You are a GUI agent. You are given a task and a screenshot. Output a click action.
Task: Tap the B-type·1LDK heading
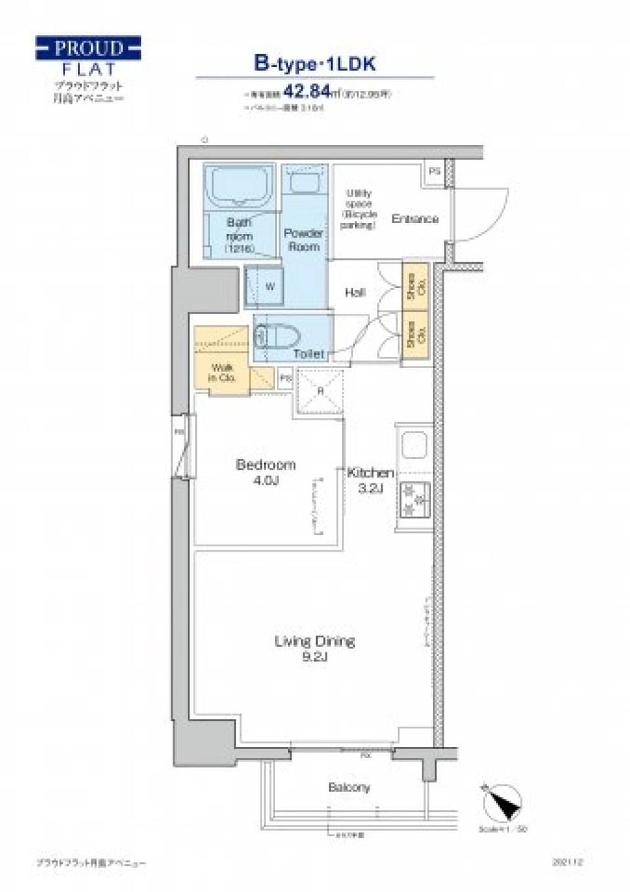click(x=314, y=64)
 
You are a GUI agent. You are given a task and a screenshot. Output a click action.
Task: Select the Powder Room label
click(x=303, y=240)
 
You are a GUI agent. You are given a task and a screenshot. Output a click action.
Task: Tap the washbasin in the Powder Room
click(x=304, y=182)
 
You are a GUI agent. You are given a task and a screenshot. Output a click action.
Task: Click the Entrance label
click(x=415, y=218)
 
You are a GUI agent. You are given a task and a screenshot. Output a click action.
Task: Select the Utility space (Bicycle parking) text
click(x=358, y=209)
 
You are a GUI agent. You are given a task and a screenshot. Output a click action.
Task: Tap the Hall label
click(x=354, y=293)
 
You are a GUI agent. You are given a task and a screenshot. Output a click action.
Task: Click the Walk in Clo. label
click(x=222, y=373)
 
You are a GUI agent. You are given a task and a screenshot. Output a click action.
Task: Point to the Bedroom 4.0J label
click(x=265, y=472)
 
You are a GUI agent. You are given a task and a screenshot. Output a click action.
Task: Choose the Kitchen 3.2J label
click(x=370, y=479)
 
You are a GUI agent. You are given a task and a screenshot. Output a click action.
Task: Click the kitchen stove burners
click(x=415, y=499)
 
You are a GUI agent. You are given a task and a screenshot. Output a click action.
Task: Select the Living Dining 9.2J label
click(x=314, y=647)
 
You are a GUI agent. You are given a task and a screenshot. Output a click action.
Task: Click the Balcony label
click(x=349, y=787)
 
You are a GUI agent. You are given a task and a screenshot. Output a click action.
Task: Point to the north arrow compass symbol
click(x=503, y=803)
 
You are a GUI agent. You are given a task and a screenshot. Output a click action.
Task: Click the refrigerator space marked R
click(x=320, y=392)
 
